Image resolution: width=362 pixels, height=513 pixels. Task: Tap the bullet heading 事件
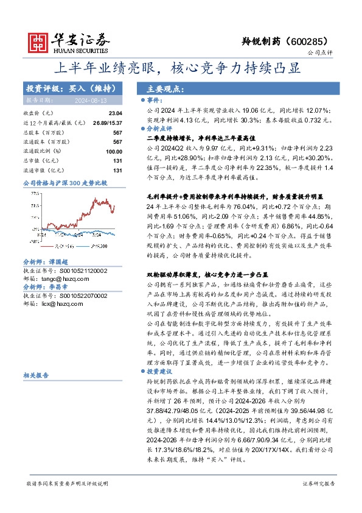[x=154, y=99]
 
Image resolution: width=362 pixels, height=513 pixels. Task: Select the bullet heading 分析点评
[x=159, y=129]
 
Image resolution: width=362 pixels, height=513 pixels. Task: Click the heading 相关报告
[x=35, y=376]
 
